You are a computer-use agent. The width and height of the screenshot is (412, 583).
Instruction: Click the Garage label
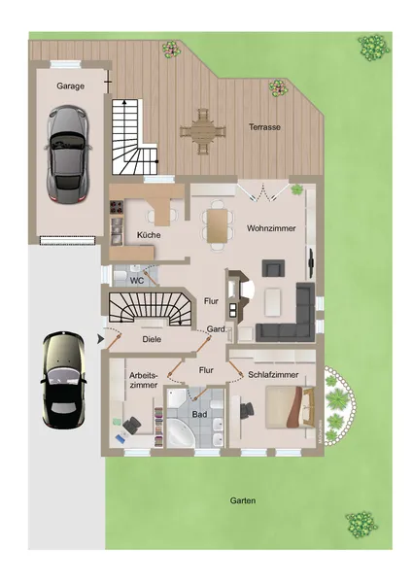click(x=70, y=86)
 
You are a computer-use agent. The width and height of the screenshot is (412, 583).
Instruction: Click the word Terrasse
click(x=264, y=126)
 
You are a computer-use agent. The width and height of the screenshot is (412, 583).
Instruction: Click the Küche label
click(x=149, y=236)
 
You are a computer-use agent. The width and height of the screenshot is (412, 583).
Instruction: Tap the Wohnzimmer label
click(x=270, y=227)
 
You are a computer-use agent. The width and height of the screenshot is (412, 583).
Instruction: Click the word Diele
click(x=152, y=339)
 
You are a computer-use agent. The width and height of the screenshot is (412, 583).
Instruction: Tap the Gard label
click(x=216, y=330)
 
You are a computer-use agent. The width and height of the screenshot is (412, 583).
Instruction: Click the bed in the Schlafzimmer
click(x=287, y=406)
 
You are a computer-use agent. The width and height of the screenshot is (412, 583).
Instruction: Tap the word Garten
click(x=243, y=501)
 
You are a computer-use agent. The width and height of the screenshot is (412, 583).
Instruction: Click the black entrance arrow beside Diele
click(x=101, y=339)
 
